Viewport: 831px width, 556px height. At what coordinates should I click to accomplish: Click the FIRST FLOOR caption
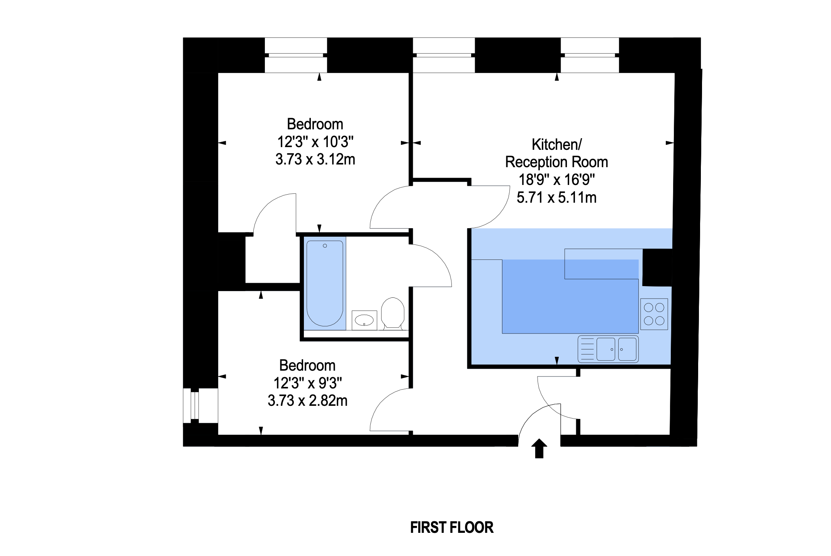pos(451,527)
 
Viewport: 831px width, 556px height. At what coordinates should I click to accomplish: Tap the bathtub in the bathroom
pos(325,283)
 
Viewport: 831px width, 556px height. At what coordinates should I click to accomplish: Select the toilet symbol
pos(393,313)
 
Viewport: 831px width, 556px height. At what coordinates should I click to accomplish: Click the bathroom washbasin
pos(364,320)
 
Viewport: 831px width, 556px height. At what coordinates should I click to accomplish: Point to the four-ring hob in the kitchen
pos(654,314)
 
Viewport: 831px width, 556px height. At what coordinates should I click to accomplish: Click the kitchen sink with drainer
pos(608,349)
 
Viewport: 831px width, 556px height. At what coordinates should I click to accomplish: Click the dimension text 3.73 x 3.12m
pos(315,159)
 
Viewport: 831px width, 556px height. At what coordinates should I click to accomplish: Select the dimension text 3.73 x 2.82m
pos(307,401)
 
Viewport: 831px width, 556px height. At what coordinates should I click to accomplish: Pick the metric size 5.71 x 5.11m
pos(556,198)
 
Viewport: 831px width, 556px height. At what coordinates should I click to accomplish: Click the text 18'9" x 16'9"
pos(556,180)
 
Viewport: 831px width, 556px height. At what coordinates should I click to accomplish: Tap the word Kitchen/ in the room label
pos(556,145)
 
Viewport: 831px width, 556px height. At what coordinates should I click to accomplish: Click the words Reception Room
pos(556,162)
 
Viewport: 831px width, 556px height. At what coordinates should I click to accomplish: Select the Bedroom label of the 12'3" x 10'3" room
pos(315,124)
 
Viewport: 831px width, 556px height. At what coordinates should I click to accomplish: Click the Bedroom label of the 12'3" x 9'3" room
pos(307,366)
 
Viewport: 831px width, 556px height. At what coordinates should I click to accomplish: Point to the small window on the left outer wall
pos(195,405)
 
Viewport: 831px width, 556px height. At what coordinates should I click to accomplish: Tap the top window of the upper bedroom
pos(296,55)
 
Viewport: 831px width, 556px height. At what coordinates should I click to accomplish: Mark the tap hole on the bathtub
pos(325,246)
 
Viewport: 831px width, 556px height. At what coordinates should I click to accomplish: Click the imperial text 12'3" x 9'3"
pos(307,383)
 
